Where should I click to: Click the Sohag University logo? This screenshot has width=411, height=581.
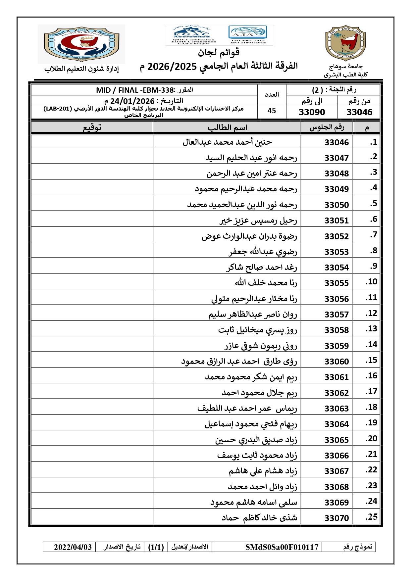coord(345,43)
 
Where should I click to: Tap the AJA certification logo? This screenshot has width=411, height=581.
coord(247,34)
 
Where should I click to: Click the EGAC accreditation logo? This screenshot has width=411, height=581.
coord(191,35)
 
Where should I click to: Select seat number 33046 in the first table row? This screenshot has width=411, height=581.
coord(336,142)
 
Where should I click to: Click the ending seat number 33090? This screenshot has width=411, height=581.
coord(312,112)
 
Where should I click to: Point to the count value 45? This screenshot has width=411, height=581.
coord(272,111)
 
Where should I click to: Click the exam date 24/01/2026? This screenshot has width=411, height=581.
coord(132,101)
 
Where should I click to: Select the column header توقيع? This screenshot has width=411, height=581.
coord(92,127)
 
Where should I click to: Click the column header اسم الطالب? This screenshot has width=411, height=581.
coord(227,127)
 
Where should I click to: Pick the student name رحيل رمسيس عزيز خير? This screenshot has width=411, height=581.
coord(258,220)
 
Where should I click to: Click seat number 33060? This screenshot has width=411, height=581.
coord(336,362)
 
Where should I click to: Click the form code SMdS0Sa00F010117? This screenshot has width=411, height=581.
coord(282,547)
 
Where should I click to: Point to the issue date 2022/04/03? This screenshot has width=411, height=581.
coord(73,547)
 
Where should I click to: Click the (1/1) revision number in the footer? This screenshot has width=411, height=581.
coord(156,547)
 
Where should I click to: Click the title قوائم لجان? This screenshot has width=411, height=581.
coord(219,52)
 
